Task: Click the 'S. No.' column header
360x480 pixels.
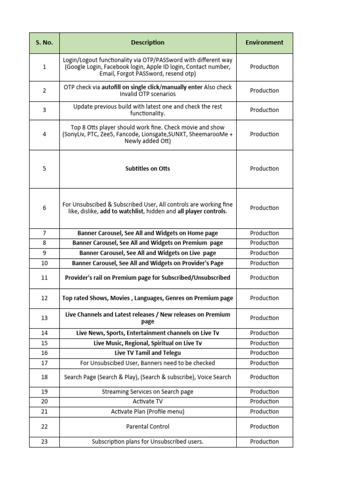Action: click(45, 43)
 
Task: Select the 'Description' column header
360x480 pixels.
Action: click(148, 43)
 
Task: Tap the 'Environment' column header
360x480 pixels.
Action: click(264, 43)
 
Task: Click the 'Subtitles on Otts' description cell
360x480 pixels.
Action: click(148, 169)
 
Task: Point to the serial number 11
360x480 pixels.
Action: click(45, 278)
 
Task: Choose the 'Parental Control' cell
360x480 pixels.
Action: click(148, 427)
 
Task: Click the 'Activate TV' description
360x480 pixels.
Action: click(148, 401)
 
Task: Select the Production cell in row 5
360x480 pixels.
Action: click(264, 169)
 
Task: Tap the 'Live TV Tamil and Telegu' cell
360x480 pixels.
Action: click(148, 353)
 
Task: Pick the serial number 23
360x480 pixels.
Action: click(45, 442)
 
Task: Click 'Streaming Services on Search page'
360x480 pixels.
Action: click(148, 391)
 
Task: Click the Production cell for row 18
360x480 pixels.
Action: click(264, 377)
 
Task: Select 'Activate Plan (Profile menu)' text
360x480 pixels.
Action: click(148, 412)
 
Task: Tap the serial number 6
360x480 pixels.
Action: click(45, 208)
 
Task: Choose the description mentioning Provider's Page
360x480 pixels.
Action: click(148, 263)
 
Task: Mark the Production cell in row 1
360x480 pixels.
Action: click(264, 67)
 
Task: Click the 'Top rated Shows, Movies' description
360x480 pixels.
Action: click(148, 298)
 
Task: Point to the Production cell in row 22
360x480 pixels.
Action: click(264, 427)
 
